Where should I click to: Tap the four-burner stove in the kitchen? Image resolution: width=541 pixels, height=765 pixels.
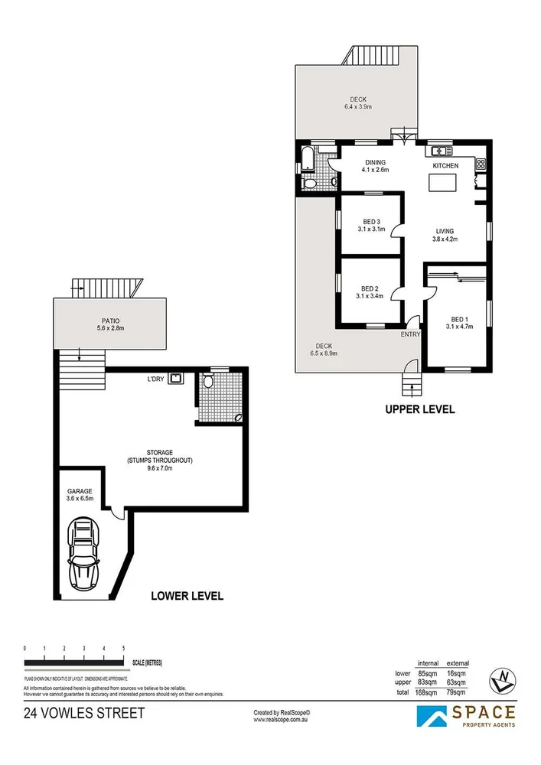(481, 163)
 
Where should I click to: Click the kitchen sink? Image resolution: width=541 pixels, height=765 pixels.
(440, 151)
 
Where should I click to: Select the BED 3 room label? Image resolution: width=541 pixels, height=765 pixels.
(371, 221)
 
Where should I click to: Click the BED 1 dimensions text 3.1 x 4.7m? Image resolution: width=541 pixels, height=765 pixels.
(458, 327)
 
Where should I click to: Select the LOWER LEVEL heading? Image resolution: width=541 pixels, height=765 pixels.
(187, 596)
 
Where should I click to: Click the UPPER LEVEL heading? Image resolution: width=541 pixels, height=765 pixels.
(419, 409)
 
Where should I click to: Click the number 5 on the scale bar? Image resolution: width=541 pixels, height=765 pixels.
(124, 649)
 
